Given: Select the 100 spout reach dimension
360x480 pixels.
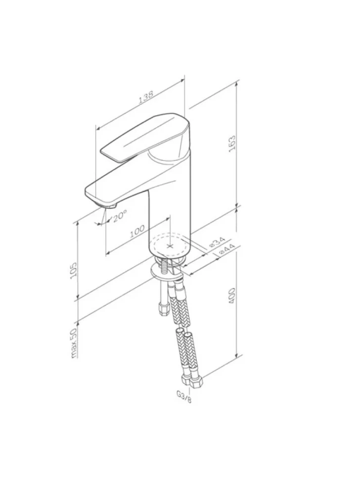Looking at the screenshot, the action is pyautogui.click(x=137, y=232).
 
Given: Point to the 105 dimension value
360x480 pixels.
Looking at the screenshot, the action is pyautogui.click(x=74, y=270).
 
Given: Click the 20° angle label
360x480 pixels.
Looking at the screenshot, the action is pyautogui.click(x=119, y=216).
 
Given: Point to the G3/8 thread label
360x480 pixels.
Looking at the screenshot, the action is pyautogui.click(x=184, y=397).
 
